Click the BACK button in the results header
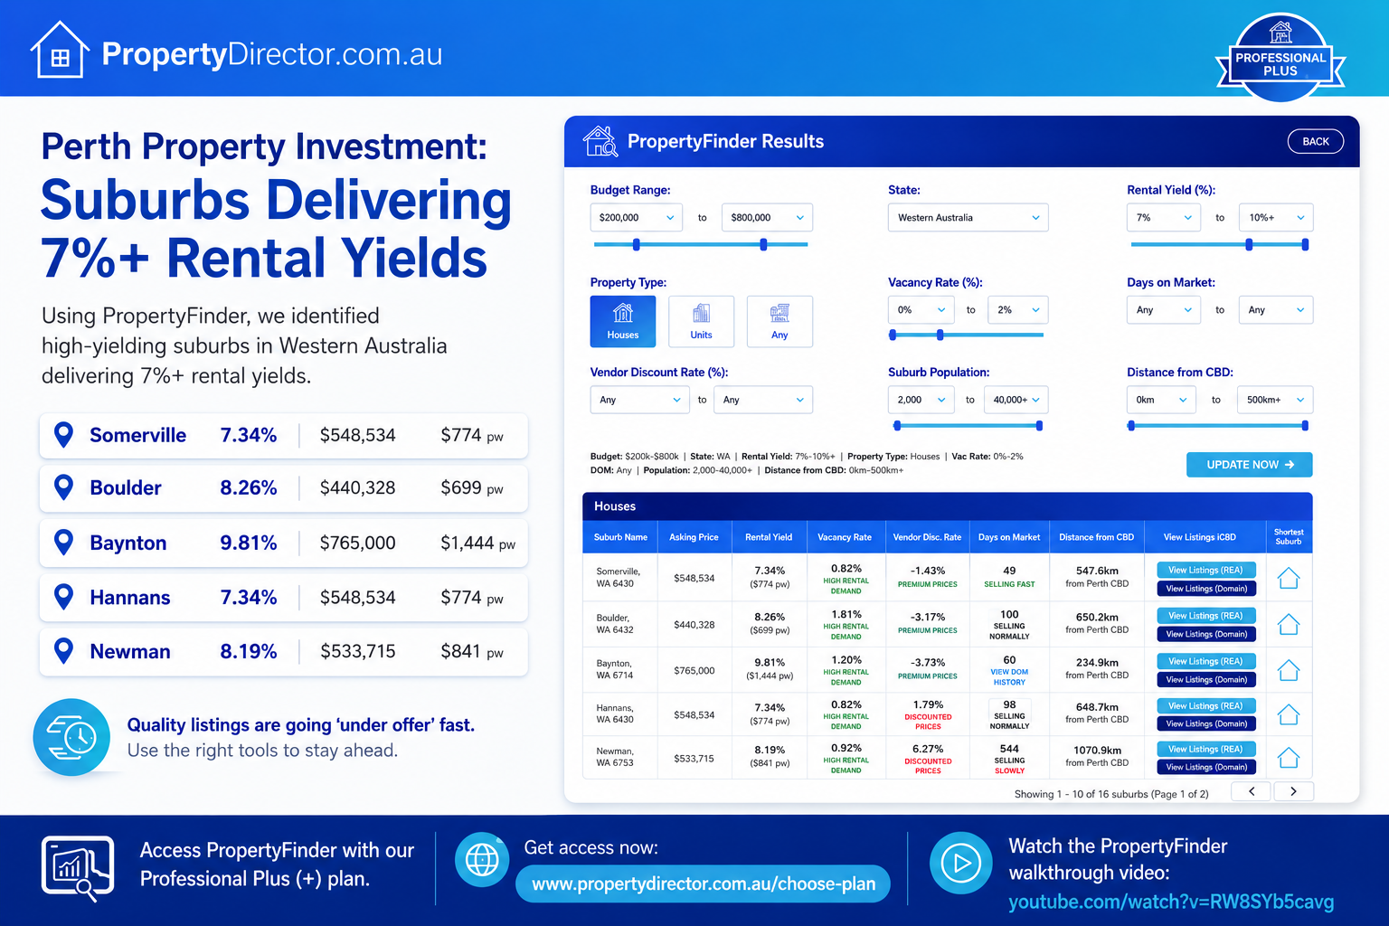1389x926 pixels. pos(1315,141)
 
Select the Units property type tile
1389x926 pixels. pos(701,321)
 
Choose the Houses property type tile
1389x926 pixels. pos(622,321)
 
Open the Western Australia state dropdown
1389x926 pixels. pos(968,218)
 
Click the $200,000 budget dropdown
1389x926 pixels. pos(637,218)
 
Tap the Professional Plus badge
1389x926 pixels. pos(1280,58)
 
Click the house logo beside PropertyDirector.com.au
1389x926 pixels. pos(60,50)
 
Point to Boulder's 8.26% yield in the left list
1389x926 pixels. pos(248,488)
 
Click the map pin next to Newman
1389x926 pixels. pos(64,650)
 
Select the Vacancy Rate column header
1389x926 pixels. pos(844,537)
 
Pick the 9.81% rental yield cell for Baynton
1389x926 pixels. pos(770,663)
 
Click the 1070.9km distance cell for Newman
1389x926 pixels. pos(1097,751)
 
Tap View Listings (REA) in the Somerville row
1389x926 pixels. pos(1206,570)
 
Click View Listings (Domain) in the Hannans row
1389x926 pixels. pos(1206,723)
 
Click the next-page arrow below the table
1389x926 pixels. pos(1293,791)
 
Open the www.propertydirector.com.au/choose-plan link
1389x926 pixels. pos(704,883)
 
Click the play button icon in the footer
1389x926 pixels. pos(961,863)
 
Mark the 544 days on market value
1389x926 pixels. pos(1009,749)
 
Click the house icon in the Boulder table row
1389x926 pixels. pos(1289,624)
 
